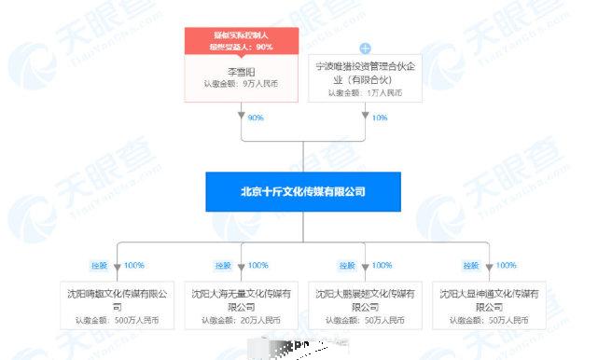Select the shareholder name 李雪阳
tap(241, 71)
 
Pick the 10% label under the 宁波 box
tap(378, 118)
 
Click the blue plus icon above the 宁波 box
tap(365, 48)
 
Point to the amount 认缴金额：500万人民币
tap(118, 321)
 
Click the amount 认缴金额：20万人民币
tap(241, 321)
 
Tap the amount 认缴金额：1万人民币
tap(365, 92)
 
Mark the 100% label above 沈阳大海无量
tap(257, 266)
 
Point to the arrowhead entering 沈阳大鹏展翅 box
tap(365, 274)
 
